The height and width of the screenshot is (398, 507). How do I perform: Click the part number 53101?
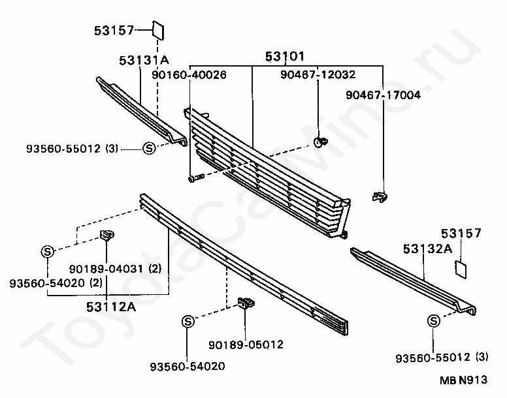point(285,57)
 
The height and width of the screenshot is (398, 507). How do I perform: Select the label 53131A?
point(144,61)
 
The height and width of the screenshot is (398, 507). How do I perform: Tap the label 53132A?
point(427,249)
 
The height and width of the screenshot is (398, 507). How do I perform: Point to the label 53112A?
point(111,306)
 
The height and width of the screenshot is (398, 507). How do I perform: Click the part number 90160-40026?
point(189,76)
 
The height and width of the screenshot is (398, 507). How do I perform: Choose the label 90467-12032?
point(318,75)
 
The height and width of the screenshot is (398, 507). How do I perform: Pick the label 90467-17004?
point(383,95)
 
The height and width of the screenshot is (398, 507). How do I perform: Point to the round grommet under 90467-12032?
point(319,142)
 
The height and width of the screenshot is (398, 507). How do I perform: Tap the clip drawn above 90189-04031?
point(107,235)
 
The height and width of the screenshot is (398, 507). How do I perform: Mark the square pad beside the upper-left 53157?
point(158,30)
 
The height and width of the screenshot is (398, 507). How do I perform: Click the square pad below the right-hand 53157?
point(461,268)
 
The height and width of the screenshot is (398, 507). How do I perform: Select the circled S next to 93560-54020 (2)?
point(48,251)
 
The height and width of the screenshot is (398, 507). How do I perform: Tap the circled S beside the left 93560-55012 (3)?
point(149,148)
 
